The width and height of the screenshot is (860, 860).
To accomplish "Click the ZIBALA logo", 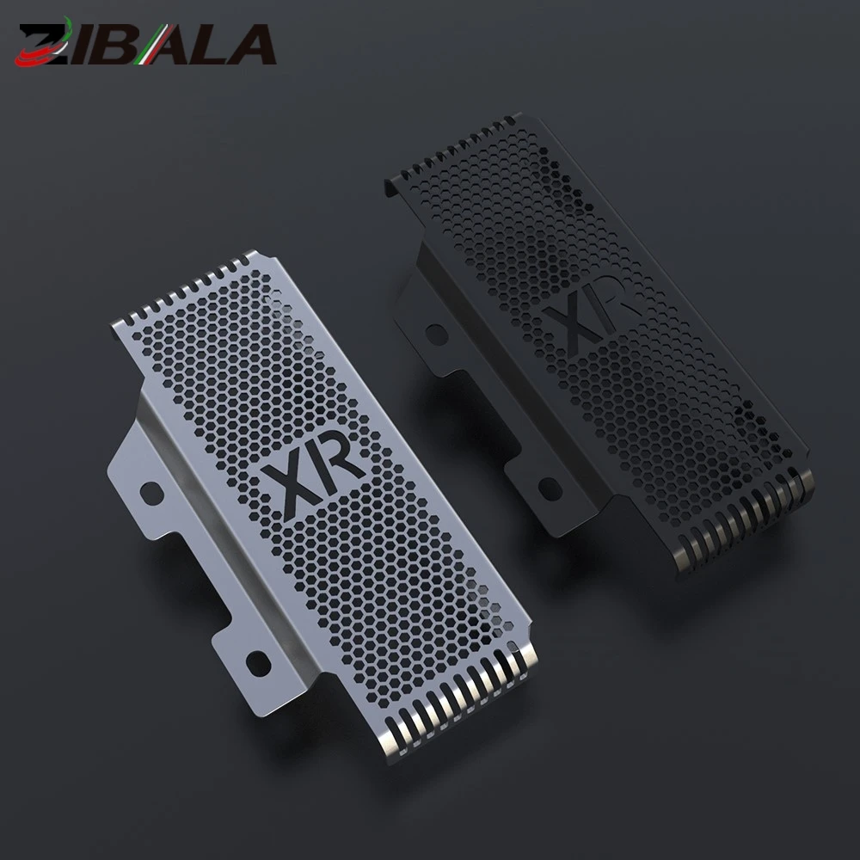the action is (x=145, y=43).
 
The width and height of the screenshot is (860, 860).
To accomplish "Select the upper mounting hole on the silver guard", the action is (x=152, y=492).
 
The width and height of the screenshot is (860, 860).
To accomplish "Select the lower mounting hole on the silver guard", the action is (x=258, y=663).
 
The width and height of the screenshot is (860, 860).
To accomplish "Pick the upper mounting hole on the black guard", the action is (x=437, y=334).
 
